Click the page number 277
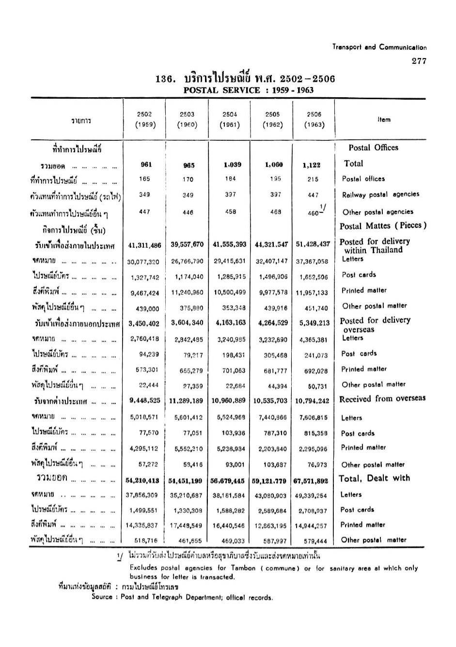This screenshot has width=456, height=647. [x=419, y=61]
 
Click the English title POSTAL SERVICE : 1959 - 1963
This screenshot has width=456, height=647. [x=248, y=90]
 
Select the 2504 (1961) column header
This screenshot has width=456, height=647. [x=230, y=120]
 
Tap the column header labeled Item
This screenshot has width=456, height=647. [x=384, y=120]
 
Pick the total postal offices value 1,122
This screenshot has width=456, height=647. [x=313, y=165]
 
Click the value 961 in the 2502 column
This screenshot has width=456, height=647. [x=146, y=165]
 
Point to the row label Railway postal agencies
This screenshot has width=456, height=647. [x=380, y=195]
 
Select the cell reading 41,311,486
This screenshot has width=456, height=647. [x=144, y=245]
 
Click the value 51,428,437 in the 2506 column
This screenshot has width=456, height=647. [x=313, y=244]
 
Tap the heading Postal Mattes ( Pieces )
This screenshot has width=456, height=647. [x=383, y=226]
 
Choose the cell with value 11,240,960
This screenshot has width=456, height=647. [x=187, y=293]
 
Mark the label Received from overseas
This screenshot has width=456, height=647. [x=382, y=399]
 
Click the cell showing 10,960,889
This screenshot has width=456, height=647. [x=229, y=401]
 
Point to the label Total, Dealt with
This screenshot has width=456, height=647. [x=374, y=479]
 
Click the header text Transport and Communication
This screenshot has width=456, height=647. [x=379, y=47]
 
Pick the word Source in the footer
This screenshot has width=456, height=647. [x=102, y=597]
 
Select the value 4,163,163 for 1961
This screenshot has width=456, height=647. [x=229, y=323]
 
